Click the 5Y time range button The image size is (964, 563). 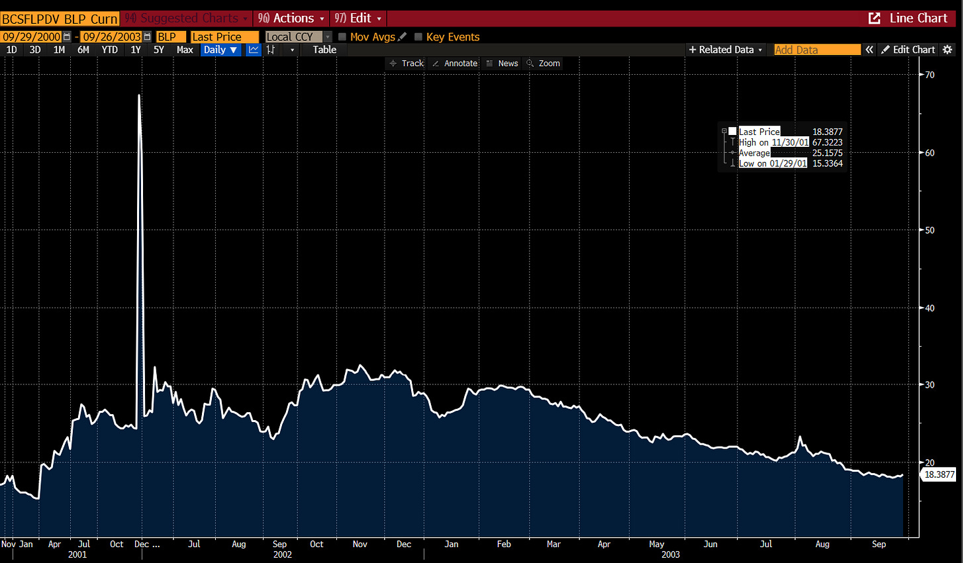[x=159, y=50]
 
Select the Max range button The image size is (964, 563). [x=185, y=50]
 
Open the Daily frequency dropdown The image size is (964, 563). [x=220, y=50]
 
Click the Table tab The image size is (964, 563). [x=324, y=50]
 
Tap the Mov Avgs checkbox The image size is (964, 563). [x=342, y=37]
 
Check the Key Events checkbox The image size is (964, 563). [x=418, y=37]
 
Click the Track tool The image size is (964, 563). [x=407, y=64]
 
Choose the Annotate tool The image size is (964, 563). [x=456, y=64]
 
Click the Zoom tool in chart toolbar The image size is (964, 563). [x=544, y=64]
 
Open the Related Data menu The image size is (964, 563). [x=726, y=50]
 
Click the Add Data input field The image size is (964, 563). [x=817, y=50]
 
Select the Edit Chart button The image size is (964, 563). [x=908, y=50]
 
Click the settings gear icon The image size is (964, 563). [x=947, y=50]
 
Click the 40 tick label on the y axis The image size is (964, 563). [x=930, y=308]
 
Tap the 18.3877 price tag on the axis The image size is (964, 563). [x=939, y=474]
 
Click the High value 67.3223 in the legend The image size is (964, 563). [x=827, y=142]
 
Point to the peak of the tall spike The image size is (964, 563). [x=139, y=95]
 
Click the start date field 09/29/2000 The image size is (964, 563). [x=31, y=37]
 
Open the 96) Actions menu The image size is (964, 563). [x=291, y=18]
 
